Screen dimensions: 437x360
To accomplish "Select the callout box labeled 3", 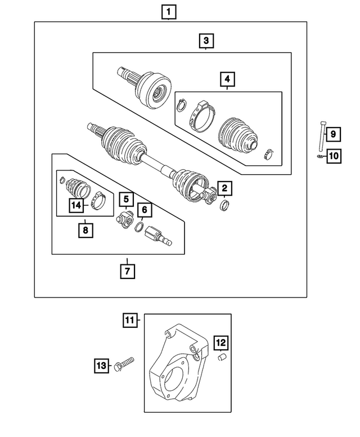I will click(x=206, y=40).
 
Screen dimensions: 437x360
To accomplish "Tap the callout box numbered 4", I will click(x=227, y=80).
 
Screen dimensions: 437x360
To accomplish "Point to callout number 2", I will click(x=224, y=188).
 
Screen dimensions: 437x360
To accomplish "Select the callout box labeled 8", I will click(x=85, y=229).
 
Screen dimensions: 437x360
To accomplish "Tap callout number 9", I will click(x=332, y=134).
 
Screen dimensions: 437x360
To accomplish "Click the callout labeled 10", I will click(x=334, y=156).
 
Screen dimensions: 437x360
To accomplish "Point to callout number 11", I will click(x=130, y=321).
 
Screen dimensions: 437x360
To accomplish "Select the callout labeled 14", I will click(x=75, y=205).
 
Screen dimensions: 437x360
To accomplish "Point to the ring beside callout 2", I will click(x=223, y=204).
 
